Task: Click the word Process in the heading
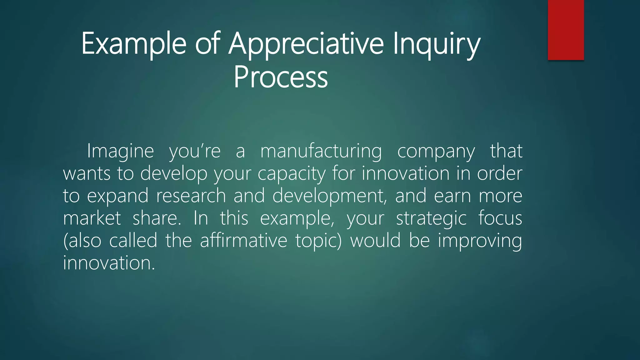point(281,77)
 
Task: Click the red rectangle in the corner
point(566,30)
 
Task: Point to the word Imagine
point(120,151)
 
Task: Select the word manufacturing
point(321,151)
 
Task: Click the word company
point(436,151)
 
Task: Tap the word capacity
point(291,174)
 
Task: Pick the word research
point(191,196)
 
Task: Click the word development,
point(329,196)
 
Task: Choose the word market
point(92,218)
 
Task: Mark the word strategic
point(431,218)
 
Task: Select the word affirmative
point(243,241)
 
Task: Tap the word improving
point(480,241)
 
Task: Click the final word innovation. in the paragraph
point(109,263)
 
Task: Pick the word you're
point(195,151)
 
